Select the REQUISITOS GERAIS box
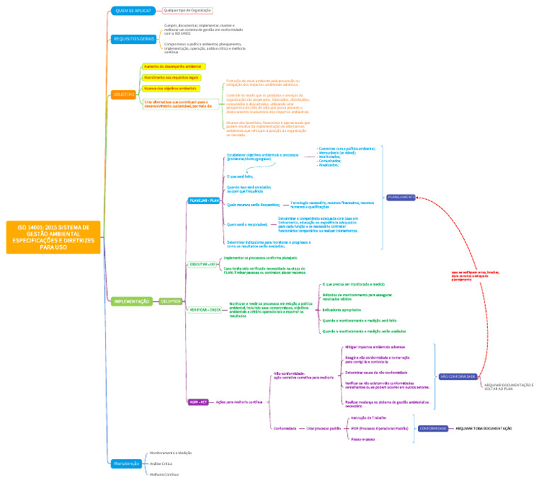[x=133, y=39]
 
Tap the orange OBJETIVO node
[x=123, y=94]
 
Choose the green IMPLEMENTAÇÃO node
[x=132, y=301]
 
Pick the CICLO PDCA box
[x=170, y=301]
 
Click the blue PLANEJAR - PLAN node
[x=204, y=201]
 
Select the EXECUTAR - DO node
[x=202, y=264]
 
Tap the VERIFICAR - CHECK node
[x=205, y=310]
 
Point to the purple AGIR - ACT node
[x=198, y=402]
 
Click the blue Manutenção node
[x=126, y=463]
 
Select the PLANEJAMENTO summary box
[x=401, y=197]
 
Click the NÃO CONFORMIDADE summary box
[x=457, y=376]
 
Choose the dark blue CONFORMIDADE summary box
[x=433, y=428]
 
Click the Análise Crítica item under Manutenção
[x=161, y=463]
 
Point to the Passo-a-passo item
[x=363, y=439]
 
